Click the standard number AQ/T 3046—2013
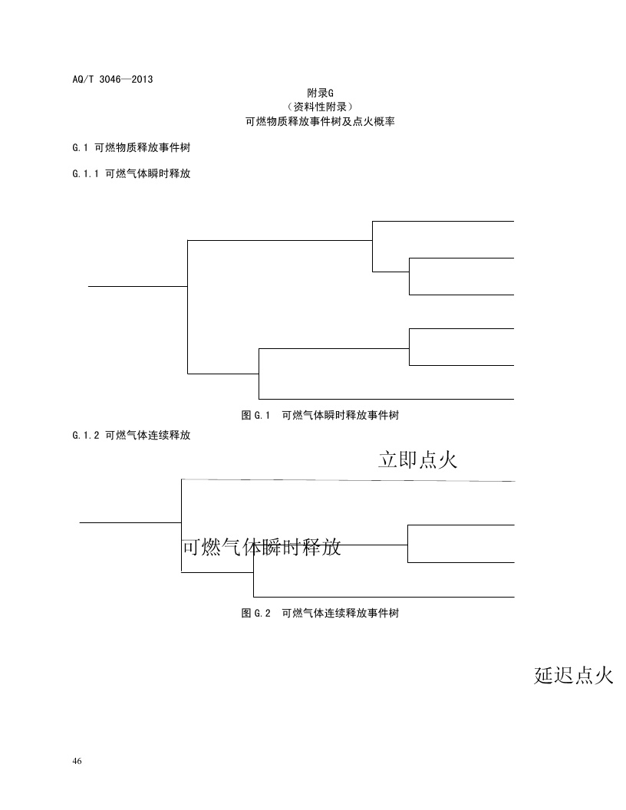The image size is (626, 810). click(x=107, y=78)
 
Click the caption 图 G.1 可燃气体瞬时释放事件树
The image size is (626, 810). click(x=320, y=416)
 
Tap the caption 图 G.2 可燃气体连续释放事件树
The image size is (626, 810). click(x=320, y=614)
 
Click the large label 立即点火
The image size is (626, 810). click(x=418, y=459)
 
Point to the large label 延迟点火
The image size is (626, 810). click(x=573, y=676)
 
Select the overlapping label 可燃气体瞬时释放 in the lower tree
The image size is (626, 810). click(x=261, y=548)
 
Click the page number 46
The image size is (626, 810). click(x=77, y=761)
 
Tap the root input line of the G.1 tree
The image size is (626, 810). click(x=138, y=286)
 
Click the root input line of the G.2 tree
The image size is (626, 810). click(x=130, y=522)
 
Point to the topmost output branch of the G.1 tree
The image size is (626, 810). click(x=443, y=221)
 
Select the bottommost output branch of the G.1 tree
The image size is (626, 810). click(x=386, y=399)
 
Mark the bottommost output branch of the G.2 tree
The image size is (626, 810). click(x=384, y=597)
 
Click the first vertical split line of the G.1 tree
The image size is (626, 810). click(x=188, y=307)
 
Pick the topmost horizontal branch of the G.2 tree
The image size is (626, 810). click(x=347, y=480)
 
